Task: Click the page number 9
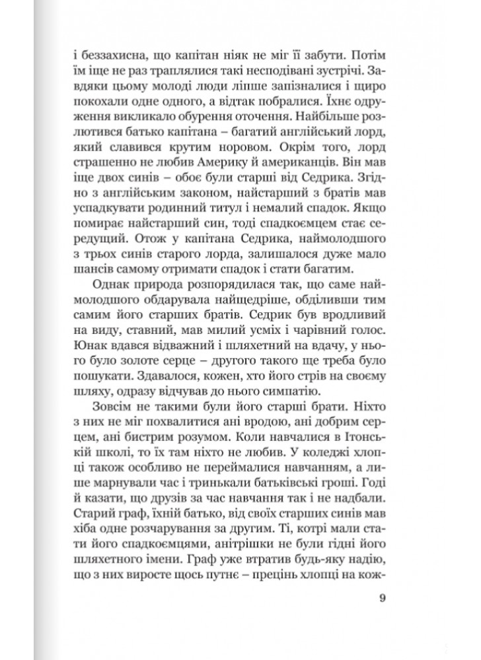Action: [384, 599]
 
